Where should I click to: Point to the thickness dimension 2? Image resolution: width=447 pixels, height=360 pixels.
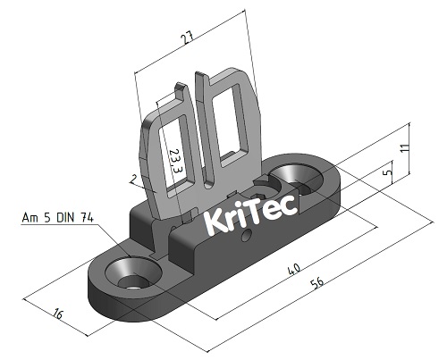pos(132,180)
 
